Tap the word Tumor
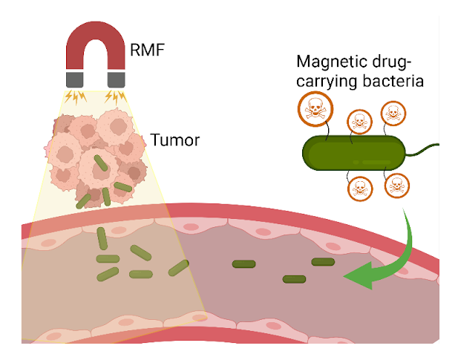tap(174, 140)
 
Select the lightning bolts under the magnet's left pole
tap(76, 96)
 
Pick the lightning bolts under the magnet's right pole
tap(117, 96)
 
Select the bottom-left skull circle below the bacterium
tap(360, 189)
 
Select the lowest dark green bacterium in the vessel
tap(294, 279)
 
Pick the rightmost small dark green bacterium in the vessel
tap(323, 261)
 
